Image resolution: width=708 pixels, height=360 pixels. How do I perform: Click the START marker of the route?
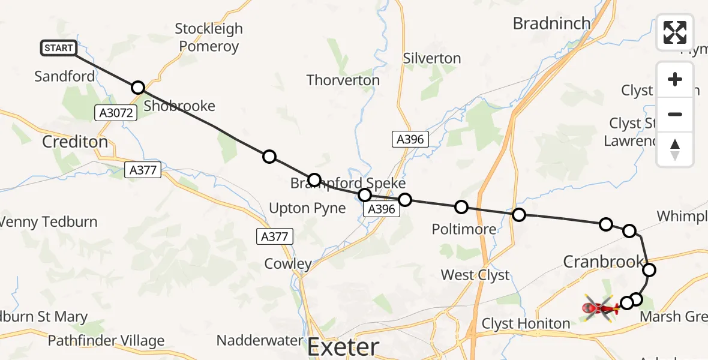click(x=59, y=48)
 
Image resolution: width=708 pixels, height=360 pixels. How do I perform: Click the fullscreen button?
click(x=675, y=32)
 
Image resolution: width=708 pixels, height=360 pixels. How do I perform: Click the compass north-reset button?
click(x=675, y=149)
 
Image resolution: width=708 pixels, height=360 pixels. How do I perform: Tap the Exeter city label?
click(x=343, y=347)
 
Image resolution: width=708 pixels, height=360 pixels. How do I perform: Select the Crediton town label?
click(x=75, y=142)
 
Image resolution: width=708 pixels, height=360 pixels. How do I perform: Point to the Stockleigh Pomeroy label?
click(x=209, y=37)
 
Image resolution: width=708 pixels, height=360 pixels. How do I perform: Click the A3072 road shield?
click(x=113, y=112)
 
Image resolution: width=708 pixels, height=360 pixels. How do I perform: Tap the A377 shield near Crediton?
click(x=143, y=170)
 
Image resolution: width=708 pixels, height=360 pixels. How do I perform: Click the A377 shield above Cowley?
click(x=275, y=236)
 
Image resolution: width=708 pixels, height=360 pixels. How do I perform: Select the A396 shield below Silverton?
click(x=410, y=140)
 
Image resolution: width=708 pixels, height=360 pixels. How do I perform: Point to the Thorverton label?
click(x=343, y=80)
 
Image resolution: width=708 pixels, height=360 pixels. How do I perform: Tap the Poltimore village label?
click(x=464, y=229)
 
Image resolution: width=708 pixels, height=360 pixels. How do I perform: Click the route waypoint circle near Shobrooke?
click(x=138, y=88)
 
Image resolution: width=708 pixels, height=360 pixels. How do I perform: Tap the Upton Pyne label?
click(x=308, y=208)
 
